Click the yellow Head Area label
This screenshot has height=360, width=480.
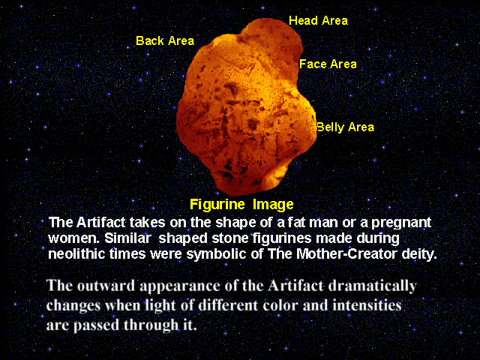318,21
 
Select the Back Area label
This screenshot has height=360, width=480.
165,40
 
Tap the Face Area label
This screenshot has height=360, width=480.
328,64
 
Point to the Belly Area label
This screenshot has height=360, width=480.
345,127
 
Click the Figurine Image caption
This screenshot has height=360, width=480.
241,205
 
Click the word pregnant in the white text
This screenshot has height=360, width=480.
401,223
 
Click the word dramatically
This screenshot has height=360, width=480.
372,286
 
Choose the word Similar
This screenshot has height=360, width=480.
127,238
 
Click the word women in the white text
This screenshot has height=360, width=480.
73,238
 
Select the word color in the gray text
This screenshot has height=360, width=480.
282,305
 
